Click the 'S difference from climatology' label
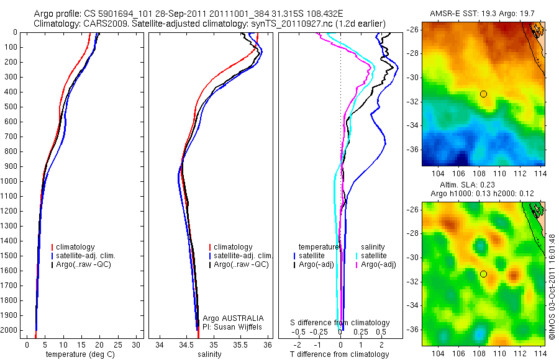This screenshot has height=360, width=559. tap(340, 323)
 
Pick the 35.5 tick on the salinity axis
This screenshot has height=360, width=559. tap(240, 344)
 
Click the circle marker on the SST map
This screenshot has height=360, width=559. tap(483, 94)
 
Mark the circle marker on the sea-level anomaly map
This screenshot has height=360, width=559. tap(483, 274)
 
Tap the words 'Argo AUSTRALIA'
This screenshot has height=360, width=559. tap(229, 318)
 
